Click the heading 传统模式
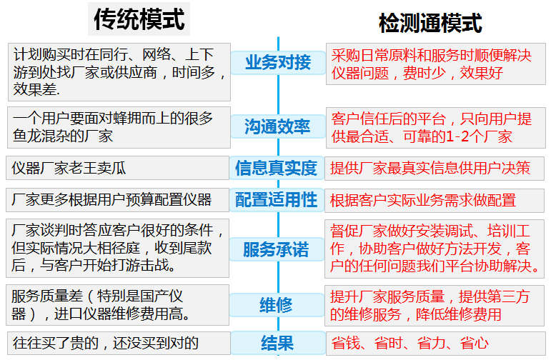click(x=139, y=19)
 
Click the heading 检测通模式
click(x=430, y=23)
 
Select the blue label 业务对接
click(x=278, y=63)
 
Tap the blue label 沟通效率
click(x=277, y=126)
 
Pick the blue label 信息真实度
click(x=276, y=168)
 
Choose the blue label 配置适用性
click(x=276, y=199)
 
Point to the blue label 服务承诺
click(x=276, y=249)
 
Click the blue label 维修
click(x=276, y=304)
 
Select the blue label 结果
click(x=277, y=343)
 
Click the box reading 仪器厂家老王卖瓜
click(x=117, y=168)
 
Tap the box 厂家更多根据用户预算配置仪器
click(x=117, y=199)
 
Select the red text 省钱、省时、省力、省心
click(x=409, y=343)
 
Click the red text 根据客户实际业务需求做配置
click(x=423, y=200)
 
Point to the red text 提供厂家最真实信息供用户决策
click(x=430, y=168)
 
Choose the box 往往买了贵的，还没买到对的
click(x=119, y=343)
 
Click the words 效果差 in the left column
click(x=35, y=89)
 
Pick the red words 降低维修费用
click(x=458, y=314)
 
